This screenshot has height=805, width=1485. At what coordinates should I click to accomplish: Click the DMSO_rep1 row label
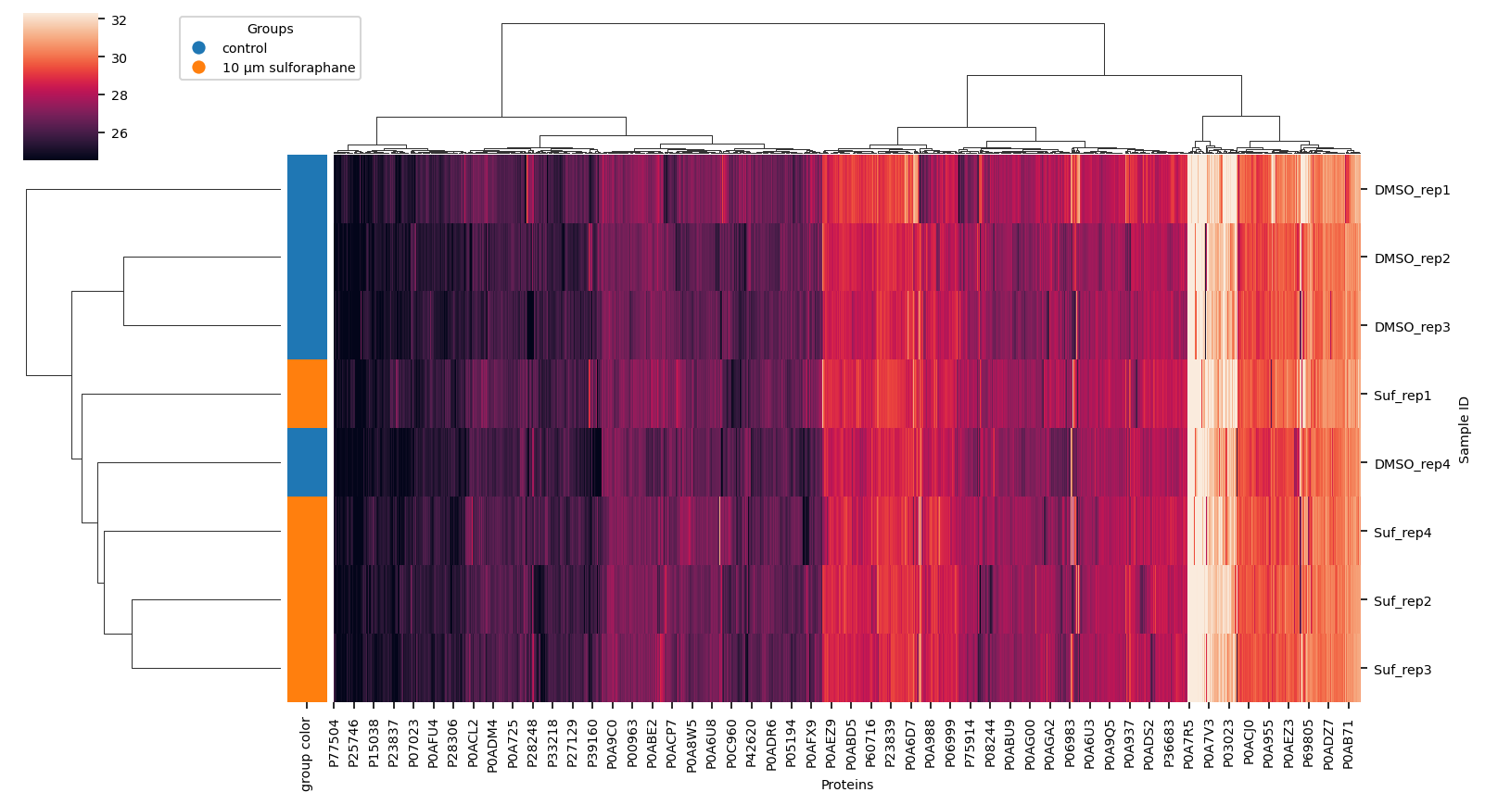(1411, 190)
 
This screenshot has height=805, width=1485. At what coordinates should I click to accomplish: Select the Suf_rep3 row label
(1402, 670)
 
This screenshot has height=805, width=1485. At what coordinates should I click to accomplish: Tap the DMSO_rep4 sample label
(1411, 464)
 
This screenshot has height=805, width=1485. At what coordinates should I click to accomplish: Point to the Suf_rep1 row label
(1402, 396)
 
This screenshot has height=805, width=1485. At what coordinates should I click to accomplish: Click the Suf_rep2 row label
(1402, 601)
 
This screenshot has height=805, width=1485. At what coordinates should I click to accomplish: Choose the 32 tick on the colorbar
(119, 20)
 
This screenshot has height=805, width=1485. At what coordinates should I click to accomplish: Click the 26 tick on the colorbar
(119, 133)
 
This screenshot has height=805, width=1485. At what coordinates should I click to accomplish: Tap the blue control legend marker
(198, 48)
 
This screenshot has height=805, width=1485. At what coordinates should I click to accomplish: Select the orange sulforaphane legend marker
(198, 68)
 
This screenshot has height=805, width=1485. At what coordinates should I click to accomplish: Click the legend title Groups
(270, 29)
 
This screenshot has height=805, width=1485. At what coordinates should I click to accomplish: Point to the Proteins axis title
(846, 785)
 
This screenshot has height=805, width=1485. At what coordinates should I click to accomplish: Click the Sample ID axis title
(1464, 429)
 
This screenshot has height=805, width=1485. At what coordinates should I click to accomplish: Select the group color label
(306, 754)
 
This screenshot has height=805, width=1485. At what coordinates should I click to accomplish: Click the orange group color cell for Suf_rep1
(307, 394)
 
